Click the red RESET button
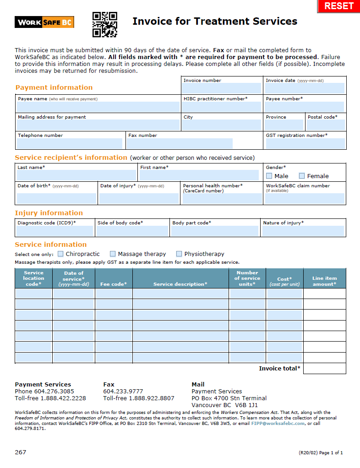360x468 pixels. point(338,6)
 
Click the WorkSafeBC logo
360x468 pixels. point(44,22)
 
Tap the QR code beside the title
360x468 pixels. point(105,24)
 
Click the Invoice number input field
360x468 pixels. point(222,88)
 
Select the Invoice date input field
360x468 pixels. point(305,88)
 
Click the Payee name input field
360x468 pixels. point(98,107)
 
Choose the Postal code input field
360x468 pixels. point(326,125)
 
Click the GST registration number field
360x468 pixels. point(305,143)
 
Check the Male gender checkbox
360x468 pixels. point(269,176)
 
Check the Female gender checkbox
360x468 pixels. point(302,176)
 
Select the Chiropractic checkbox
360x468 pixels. point(60,254)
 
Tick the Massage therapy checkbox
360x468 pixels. point(113,254)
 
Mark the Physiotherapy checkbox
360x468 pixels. point(179,254)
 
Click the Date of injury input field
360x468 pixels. point(139,198)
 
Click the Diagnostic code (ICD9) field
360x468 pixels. point(55,231)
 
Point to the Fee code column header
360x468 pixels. point(114,284)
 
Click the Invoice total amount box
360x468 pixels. point(324,369)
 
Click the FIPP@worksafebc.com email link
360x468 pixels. point(278,424)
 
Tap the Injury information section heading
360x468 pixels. point(49,213)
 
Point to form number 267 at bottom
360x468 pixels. point(21,452)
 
